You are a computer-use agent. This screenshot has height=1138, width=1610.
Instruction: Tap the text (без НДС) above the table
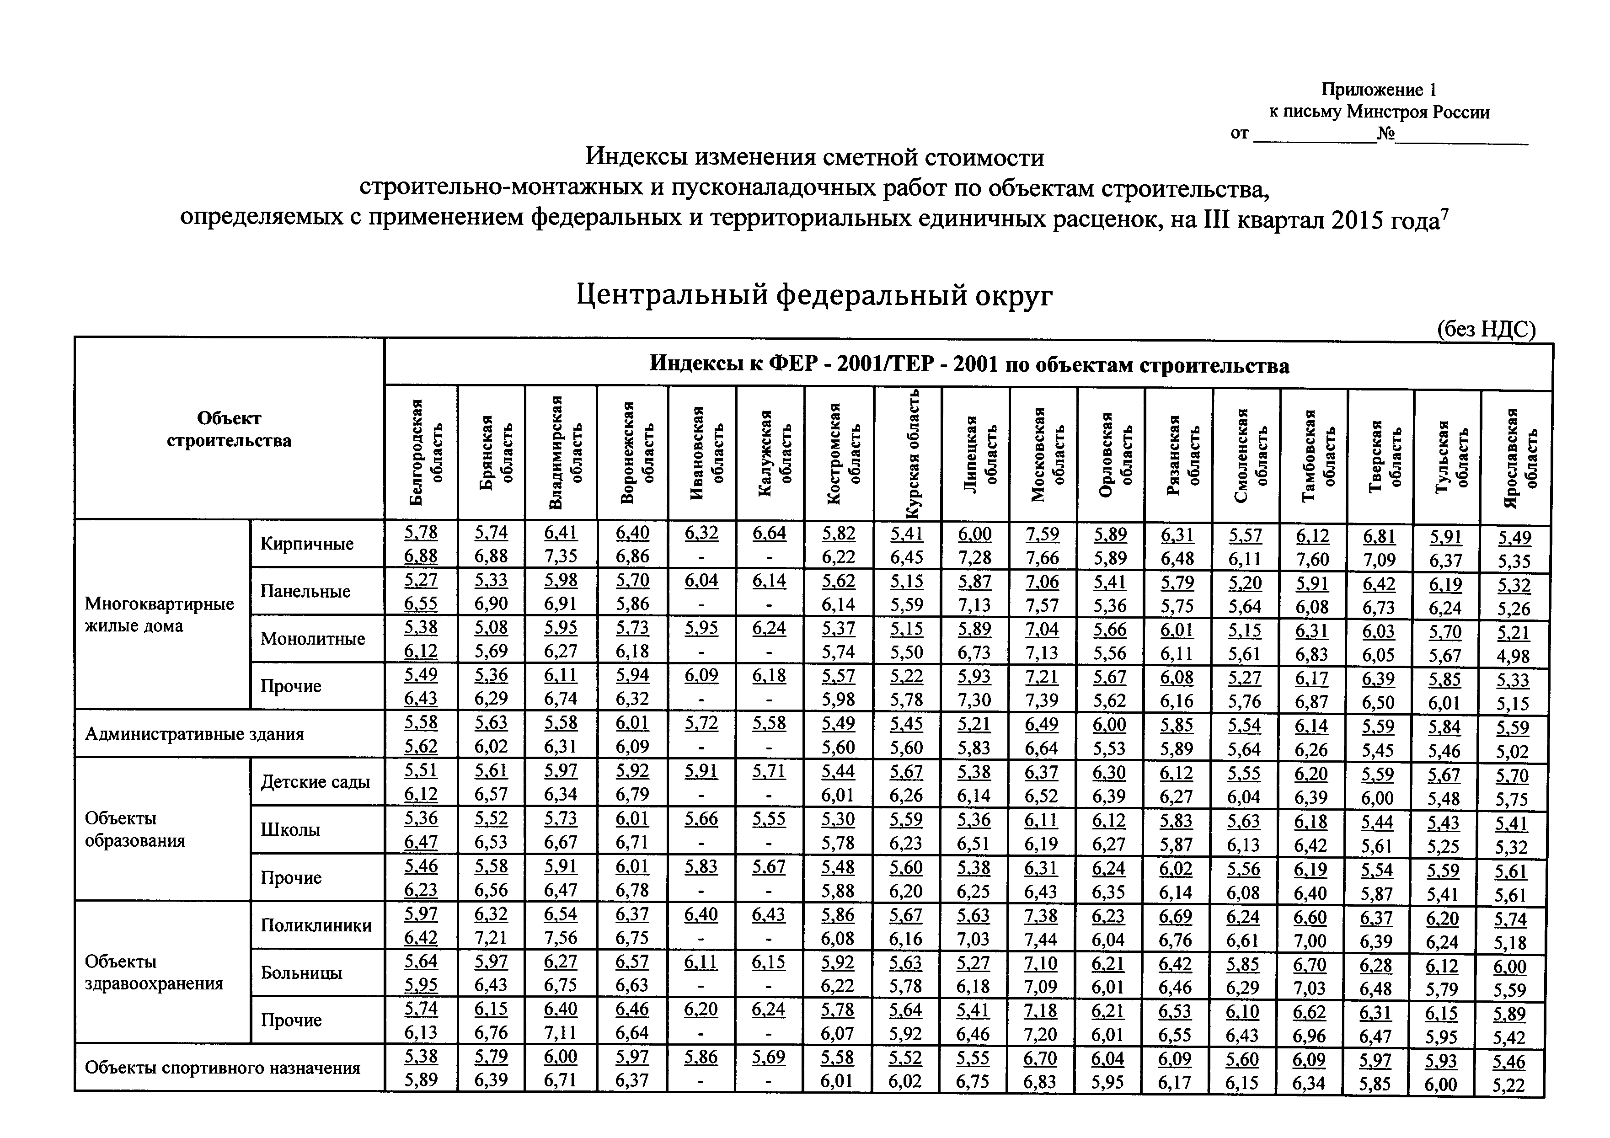1486,330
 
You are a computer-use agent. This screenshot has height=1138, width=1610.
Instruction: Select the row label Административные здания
194,734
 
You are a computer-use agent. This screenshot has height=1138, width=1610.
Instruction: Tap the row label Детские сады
315,782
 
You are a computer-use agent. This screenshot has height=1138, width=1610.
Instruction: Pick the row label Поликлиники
316,925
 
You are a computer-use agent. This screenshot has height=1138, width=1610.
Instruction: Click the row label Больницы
301,972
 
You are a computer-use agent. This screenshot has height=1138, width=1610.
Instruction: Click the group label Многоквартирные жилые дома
159,615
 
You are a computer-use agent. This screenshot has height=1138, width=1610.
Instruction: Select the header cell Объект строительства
229,429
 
